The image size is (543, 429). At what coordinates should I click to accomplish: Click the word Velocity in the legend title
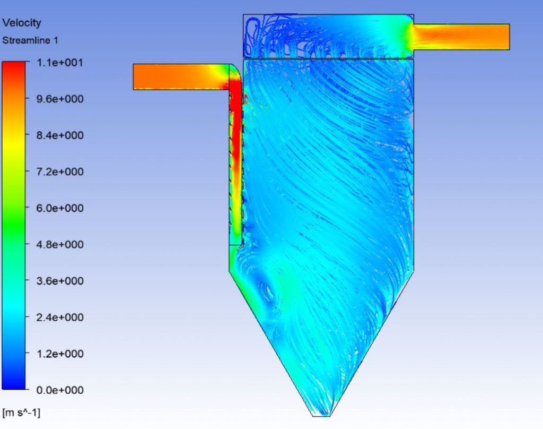pyautogui.click(x=21, y=23)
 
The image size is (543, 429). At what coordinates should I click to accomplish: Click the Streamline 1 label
pyautogui.click(x=30, y=40)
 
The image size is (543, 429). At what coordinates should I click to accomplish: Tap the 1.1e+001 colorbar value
pyautogui.click(x=59, y=63)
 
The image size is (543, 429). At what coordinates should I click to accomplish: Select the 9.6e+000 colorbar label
pyautogui.click(x=60, y=99)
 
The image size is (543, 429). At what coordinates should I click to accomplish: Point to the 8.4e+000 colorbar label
pyautogui.click(x=60, y=135)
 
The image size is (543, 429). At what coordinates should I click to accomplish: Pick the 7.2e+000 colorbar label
pyautogui.click(x=60, y=171)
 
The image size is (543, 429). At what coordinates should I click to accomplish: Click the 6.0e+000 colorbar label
pyautogui.click(x=60, y=208)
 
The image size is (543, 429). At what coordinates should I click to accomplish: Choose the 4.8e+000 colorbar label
pyautogui.click(x=60, y=245)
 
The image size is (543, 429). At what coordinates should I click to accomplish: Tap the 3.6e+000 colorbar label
pyautogui.click(x=60, y=281)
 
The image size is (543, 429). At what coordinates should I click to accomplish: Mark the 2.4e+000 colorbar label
pyautogui.click(x=60, y=318)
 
